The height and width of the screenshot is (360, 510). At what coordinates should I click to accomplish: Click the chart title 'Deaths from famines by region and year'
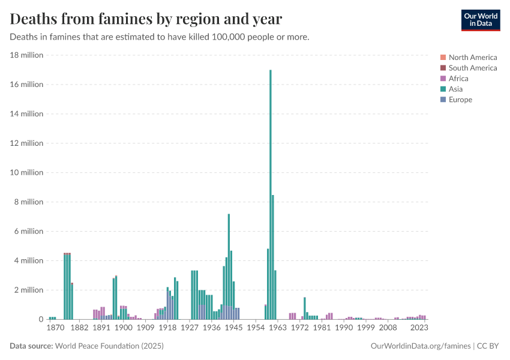pyautogui.click(x=146, y=19)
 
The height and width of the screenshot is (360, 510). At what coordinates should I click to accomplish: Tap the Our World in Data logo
pyautogui.click(x=480, y=20)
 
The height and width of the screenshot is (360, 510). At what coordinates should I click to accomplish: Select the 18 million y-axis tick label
pyautogui.click(x=27, y=55)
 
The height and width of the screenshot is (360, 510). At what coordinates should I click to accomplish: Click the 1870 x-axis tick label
pyautogui.click(x=55, y=328)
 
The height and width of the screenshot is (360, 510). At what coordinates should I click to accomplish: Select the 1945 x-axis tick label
pyautogui.click(x=233, y=328)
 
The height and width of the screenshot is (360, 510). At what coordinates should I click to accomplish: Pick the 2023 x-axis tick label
pyautogui.click(x=419, y=328)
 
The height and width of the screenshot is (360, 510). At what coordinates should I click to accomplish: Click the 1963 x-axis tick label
pyautogui.click(x=277, y=328)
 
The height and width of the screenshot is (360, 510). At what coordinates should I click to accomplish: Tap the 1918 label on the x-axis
pyautogui.click(x=167, y=328)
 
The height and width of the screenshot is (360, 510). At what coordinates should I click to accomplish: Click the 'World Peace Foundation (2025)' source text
pyautogui.click(x=110, y=346)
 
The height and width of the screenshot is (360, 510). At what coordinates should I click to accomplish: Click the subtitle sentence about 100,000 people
pyautogui.click(x=160, y=37)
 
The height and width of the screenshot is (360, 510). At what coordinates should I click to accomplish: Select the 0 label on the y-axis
pyautogui.click(x=41, y=319)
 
